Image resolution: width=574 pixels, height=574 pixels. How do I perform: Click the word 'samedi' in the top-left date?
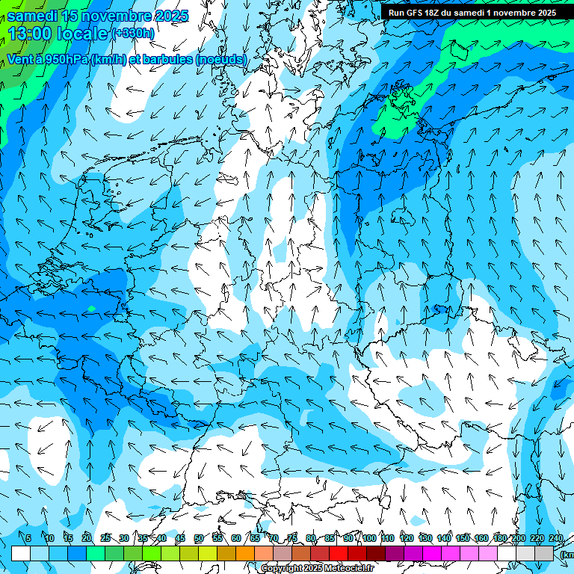(32, 16)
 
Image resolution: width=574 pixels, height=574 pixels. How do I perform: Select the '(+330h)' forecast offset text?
(133, 34)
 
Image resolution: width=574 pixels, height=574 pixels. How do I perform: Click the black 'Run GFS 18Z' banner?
(472, 13)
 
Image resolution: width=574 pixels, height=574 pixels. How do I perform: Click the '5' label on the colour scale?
(28, 539)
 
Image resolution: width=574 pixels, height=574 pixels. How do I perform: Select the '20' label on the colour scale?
(87, 539)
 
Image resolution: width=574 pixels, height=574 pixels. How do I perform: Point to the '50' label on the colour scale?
(199, 539)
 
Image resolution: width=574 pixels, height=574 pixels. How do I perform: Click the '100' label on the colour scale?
(368, 539)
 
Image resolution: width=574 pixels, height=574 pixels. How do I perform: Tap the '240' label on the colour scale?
(555, 539)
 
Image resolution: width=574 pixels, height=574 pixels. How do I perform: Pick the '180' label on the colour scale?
(499, 539)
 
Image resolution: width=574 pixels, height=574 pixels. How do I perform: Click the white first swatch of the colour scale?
(21, 553)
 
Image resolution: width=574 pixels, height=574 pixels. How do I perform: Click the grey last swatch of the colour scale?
(544, 553)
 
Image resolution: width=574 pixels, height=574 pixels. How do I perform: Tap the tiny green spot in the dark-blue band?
(91, 308)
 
